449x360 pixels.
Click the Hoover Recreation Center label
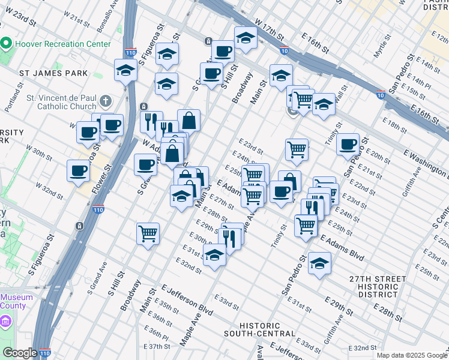(63, 44)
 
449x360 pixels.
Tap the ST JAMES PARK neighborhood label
(53, 73)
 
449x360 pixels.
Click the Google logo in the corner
(20, 353)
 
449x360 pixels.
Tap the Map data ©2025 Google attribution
(412, 355)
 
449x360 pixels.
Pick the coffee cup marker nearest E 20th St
(348, 145)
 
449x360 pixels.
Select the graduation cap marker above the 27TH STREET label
(319, 263)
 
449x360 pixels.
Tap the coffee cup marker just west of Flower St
(79, 170)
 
